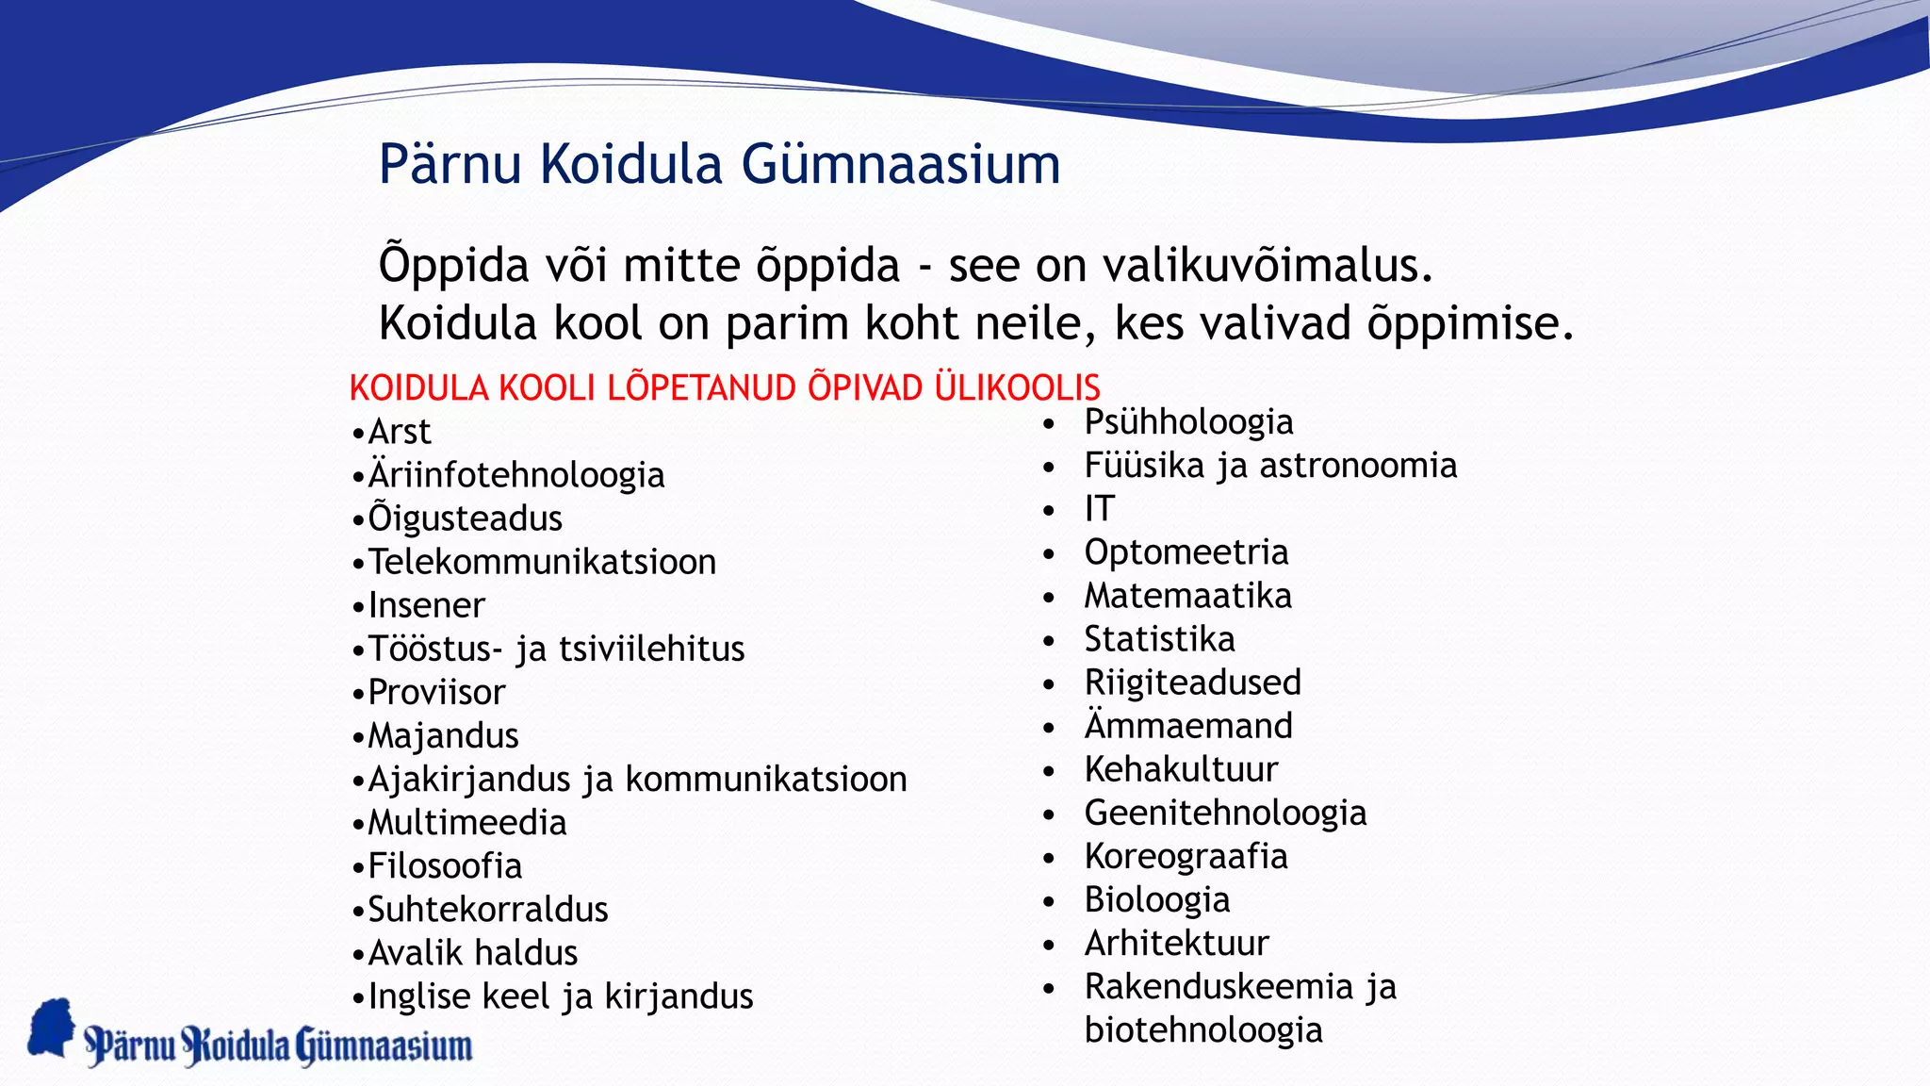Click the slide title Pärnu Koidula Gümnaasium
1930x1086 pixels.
pos(719,165)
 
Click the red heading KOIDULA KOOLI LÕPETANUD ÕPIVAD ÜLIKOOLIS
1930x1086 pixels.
pos(724,388)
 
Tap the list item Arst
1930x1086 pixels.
pos(399,432)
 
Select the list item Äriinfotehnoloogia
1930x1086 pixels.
pos(515,475)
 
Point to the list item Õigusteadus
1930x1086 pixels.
pos(465,518)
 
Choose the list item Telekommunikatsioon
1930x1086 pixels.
pos(542,562)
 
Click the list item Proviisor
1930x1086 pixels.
pos(436,692)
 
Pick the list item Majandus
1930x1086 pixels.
pos(443,735)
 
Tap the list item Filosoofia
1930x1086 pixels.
pos(445,865)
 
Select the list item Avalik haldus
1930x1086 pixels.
pos(472,952)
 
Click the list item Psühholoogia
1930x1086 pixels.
pos(1188,422)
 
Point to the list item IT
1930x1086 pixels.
pos(1099,509)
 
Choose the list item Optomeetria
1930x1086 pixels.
pos(1186,552)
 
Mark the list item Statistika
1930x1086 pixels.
pos(1159,639)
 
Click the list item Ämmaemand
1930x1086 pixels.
pos(1188,726)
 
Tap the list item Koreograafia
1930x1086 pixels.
pos(1186,856)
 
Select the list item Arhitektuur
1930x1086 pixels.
pos(1176,943)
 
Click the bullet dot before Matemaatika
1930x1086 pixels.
pos(1049,598)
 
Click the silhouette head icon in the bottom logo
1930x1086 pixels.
pos(52,1028)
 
